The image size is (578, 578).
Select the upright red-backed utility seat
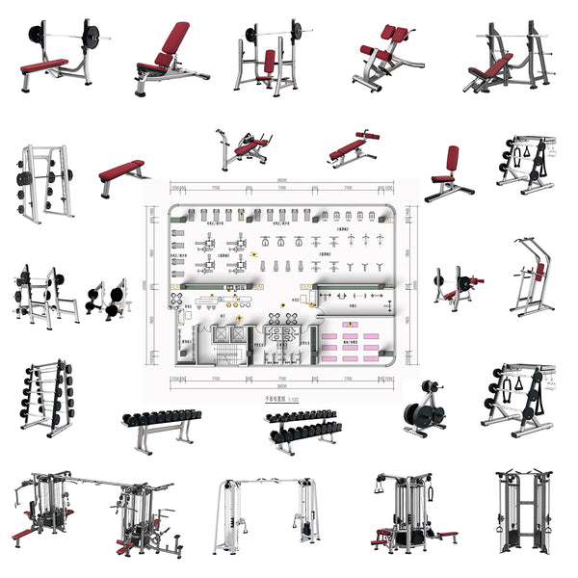449,173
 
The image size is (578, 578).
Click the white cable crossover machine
266,511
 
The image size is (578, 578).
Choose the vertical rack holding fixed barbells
46,395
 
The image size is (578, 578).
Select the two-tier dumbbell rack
302,427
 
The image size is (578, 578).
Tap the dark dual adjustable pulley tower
520,511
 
